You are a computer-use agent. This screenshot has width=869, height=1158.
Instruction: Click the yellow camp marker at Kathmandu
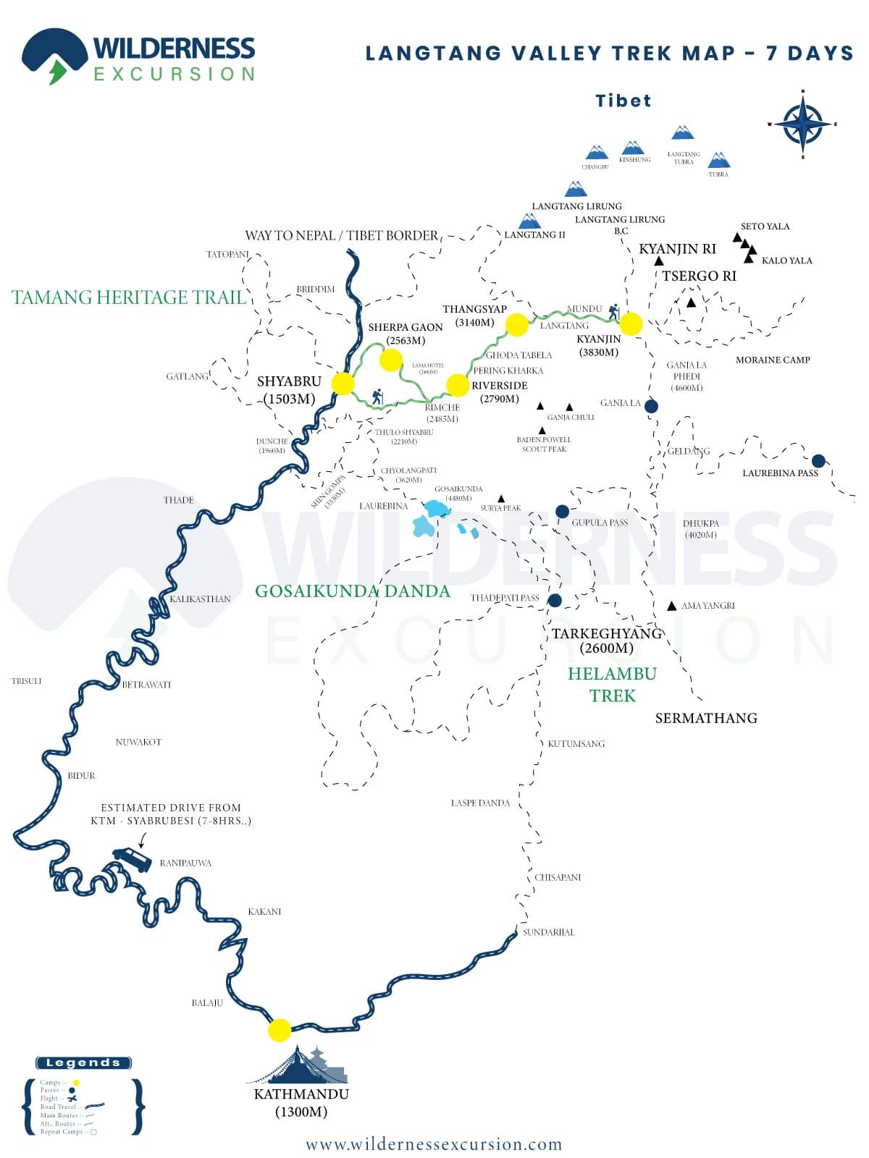(280, 1029)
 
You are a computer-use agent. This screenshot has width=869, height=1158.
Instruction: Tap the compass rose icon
(802, 124)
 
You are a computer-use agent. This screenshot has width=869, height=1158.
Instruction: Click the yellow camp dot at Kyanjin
(631, 324)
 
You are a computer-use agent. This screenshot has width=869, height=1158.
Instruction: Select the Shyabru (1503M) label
(289, 390)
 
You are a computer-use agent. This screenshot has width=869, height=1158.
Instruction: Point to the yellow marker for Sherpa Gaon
(391, 360)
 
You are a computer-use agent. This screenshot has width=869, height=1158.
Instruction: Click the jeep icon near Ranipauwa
(133, 859)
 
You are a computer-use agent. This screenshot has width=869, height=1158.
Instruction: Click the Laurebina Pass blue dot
(818, 461)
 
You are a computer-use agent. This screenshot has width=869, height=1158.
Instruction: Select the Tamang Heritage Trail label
(129, 297)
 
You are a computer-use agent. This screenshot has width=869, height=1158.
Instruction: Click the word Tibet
(624, 101)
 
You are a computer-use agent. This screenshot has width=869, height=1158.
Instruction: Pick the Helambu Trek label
(612, 685)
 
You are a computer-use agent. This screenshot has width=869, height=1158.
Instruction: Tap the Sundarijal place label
(549, 932)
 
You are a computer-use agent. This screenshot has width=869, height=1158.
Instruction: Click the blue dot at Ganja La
(651, 406)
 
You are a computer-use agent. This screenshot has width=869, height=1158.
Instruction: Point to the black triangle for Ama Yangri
(672, 606)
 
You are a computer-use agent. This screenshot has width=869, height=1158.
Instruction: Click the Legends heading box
(83, 1062)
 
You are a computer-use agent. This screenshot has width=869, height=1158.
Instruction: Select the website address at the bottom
(434, 1144)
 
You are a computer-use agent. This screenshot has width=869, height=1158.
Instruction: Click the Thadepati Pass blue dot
(555, 600)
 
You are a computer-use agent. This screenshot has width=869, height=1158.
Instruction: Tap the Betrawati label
(146, 685)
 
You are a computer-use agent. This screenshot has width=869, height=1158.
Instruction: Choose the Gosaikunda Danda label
(353, 591)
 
